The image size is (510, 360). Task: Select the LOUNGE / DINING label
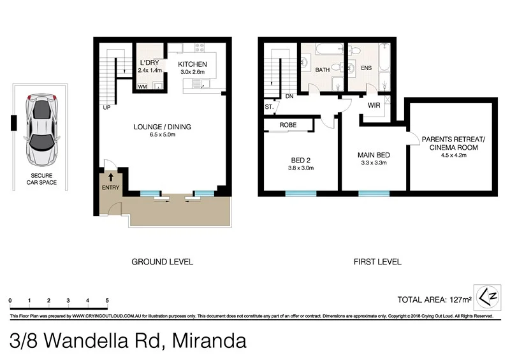162,127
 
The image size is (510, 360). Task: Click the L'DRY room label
149,62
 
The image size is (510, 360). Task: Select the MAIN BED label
373,155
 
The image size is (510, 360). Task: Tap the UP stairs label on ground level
106,107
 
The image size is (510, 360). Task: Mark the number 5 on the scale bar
106,300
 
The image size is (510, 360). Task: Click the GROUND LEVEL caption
162,262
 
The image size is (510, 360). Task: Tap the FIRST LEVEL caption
377,262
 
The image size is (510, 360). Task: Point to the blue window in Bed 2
300,192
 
